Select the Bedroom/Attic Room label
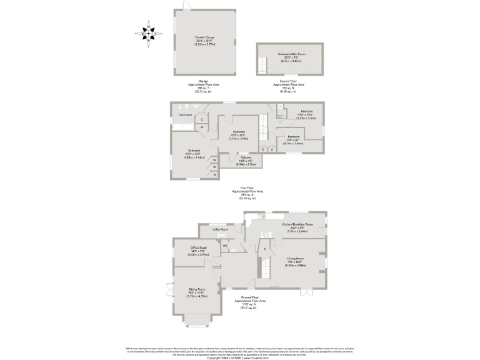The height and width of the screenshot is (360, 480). click(x=292, y=55)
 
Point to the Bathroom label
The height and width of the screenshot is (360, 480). click(x=186, y=115)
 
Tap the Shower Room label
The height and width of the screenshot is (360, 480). click(x=281, y=116)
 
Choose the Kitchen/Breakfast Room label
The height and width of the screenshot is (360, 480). click(x=297, y=223)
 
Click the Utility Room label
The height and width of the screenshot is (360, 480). click(x=220, y=230)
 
